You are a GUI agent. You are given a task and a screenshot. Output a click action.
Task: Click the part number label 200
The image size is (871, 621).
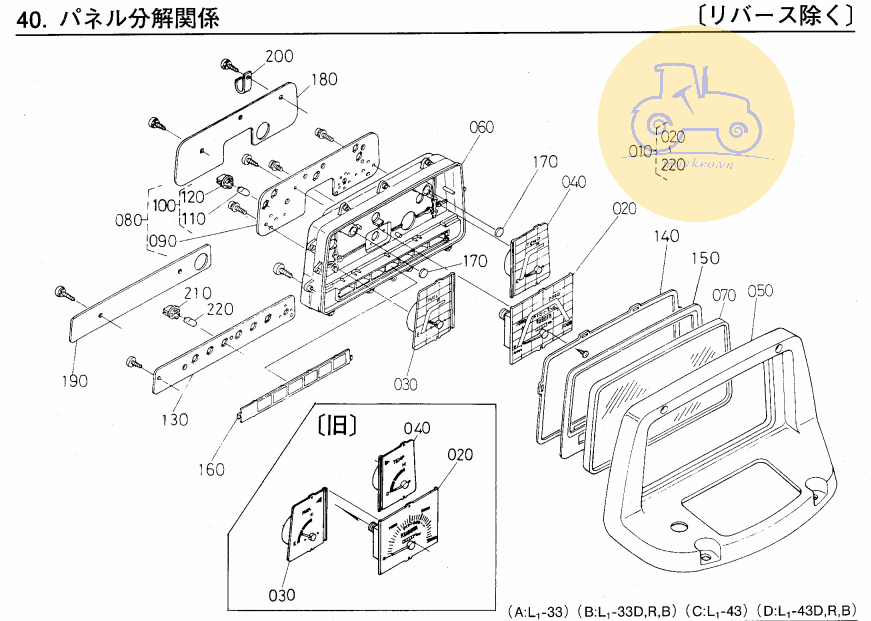(280, 56)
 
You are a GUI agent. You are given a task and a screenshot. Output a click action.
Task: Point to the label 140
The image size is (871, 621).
(667, 237)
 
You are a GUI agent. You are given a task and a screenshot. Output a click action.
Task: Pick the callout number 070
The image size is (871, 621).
(725, 295)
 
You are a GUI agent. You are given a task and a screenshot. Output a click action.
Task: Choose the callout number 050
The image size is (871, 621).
(761, 291)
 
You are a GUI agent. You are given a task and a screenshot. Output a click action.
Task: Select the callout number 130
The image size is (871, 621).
(175, 420)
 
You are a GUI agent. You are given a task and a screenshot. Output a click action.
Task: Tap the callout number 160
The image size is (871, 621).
(211, 469)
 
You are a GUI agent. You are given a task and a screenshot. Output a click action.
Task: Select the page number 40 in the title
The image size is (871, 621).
(34, 19)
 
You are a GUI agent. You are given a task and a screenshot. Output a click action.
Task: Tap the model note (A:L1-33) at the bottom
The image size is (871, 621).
(540, 610)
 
